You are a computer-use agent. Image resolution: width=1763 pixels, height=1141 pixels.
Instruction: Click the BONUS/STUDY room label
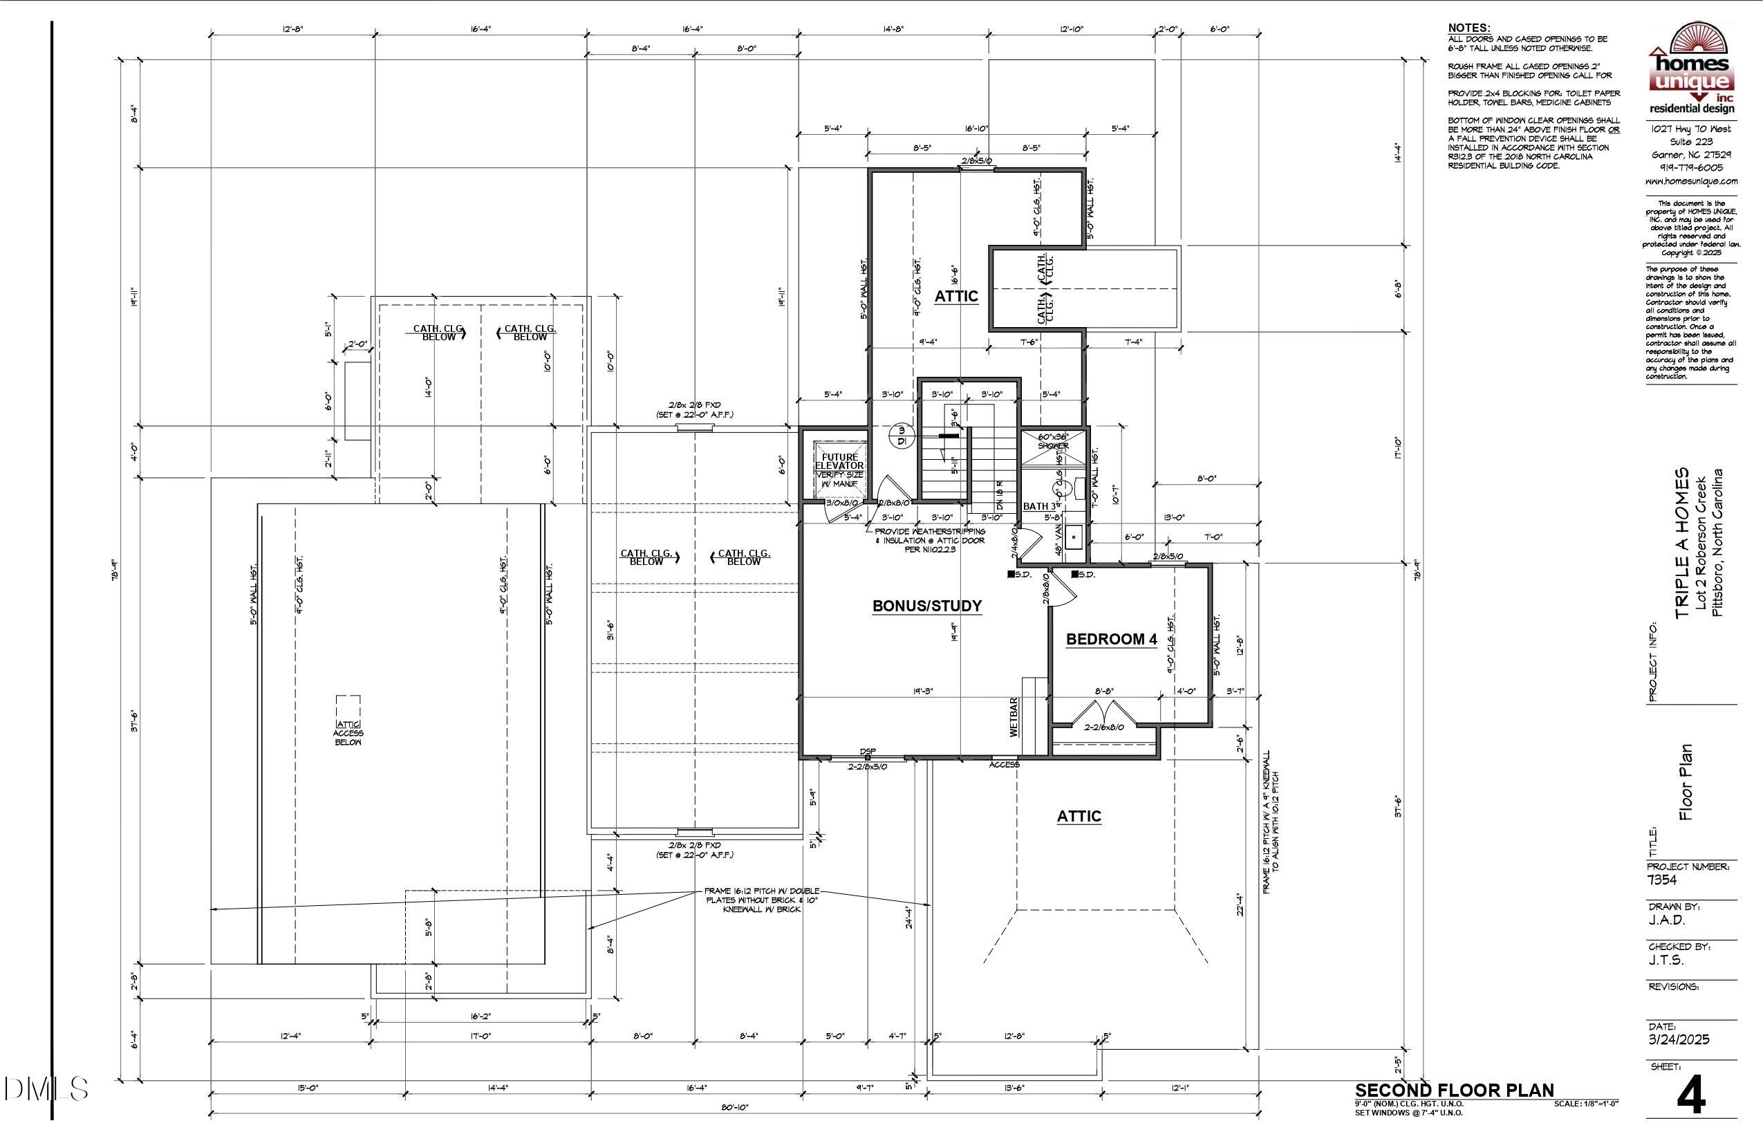(x=926, y=606)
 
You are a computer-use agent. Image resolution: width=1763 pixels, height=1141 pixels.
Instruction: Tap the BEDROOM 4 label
(x=1111, y=640)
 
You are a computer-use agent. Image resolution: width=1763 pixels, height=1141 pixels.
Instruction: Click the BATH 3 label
(x=1040, y=507)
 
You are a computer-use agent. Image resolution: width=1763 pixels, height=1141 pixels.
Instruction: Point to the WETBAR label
(x=1014, y=716)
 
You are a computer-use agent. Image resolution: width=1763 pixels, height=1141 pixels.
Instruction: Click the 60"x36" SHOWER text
(x=1052, y=442)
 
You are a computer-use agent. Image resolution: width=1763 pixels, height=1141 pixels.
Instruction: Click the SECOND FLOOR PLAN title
(x=1454, y=1090)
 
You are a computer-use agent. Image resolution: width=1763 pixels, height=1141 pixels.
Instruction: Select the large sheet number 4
(x=1691, y=1095)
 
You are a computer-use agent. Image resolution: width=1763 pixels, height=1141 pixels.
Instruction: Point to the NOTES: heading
(x=1469, y=28)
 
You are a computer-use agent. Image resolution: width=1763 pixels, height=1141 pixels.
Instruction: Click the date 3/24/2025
(x=1679, y=1039)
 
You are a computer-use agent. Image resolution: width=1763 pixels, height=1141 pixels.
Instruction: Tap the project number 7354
(x=1662, y=880)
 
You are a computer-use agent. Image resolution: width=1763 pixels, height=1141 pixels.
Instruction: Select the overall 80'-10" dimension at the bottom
(x=734, y=1108)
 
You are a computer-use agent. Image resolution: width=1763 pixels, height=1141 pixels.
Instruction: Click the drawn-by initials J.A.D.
(x=1667, y=920)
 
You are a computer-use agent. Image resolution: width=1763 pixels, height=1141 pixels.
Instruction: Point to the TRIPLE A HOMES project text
(x=1683, y=543)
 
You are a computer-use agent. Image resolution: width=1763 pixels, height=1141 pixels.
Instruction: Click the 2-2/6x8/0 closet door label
(x=1103, y=727)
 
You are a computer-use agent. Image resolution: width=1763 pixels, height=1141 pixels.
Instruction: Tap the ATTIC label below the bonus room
(x=1079, y=817)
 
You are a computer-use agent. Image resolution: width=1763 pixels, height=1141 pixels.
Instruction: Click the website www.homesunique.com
(x=1691, y=181)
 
